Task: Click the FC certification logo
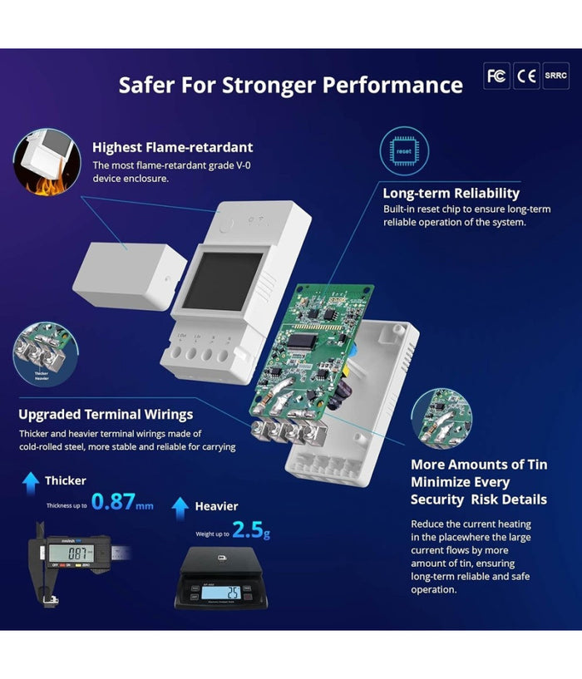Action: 496,76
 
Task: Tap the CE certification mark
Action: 526,76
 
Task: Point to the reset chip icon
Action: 403,151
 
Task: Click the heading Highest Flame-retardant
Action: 173,147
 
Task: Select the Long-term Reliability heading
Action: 451,194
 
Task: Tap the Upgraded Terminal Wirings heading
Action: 106,414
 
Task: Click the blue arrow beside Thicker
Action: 31,480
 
